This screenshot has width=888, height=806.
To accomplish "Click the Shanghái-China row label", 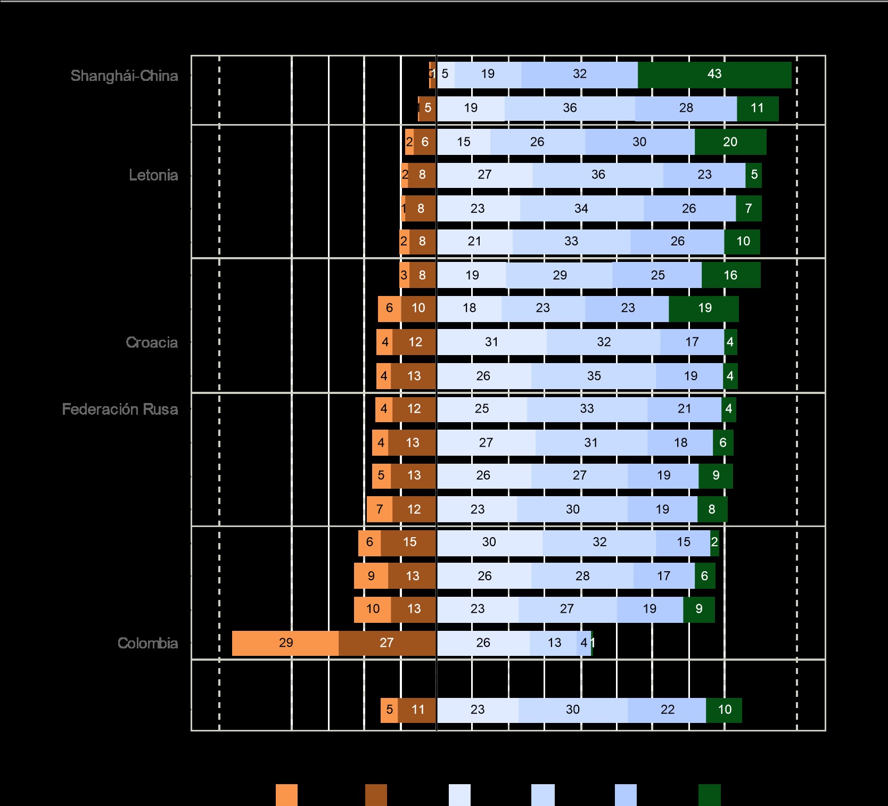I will click(x=124, y=76).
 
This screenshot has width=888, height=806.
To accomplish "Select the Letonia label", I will click(x=153, y=175).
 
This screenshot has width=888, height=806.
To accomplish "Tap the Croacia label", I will click(x=152, y=342).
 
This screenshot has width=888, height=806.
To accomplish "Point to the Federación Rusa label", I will click(x=120, y=409).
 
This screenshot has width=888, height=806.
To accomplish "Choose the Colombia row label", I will click(x=147, y=643).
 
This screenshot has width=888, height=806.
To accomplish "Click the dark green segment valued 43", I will click(x=714, y=75).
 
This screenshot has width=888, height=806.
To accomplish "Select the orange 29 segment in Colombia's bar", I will click(x=285, y=643).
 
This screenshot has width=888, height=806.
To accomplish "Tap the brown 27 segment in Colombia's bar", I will click(x=387, y=643).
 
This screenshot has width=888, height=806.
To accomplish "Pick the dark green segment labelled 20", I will click(x=730, y=142).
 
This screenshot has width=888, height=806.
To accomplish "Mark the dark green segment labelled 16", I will click(x=730, y=275).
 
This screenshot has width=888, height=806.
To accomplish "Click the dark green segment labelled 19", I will click(x=704, y=308).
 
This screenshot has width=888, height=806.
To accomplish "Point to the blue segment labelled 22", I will click(x=667, y=710).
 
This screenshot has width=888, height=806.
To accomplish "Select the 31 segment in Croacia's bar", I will click(x=491, y=342).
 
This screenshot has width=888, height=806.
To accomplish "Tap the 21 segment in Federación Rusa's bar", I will click(x=685, y=409).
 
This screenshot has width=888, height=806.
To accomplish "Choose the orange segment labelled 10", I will click(x=372, y=609).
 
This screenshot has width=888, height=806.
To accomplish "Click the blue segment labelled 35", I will click(x=594, y=376).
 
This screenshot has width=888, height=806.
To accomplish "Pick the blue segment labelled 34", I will click(x=581, y=209).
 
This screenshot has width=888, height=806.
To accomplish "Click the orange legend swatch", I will click(x=286, y=795).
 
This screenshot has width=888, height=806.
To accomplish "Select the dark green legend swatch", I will click(x=709, y=795).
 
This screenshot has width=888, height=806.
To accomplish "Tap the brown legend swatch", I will click(x=376, y=795).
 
